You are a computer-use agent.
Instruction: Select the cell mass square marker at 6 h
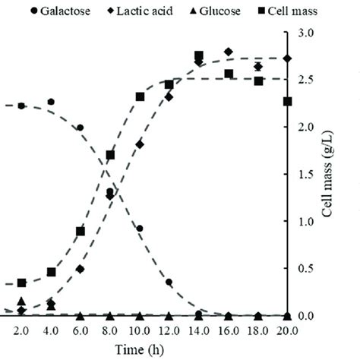pos(81,232)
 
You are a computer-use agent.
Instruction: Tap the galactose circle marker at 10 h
pos(140,229)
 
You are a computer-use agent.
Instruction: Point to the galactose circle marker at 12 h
pos(169,283)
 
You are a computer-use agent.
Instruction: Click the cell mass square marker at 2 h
pos(21,283)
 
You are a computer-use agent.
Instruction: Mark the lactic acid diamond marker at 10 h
pos(140,144)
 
